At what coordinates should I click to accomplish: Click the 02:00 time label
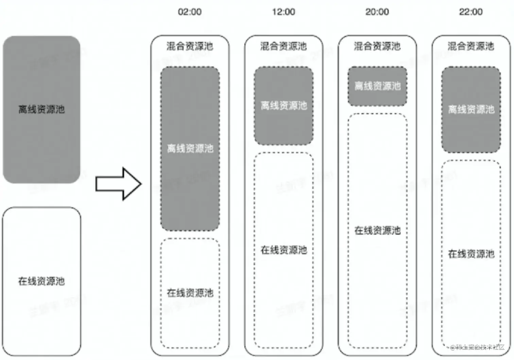190,12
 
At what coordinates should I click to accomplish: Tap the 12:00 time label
284,12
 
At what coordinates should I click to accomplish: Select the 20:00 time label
377,12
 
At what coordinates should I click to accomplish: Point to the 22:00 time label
471,12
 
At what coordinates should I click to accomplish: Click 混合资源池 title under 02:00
190,46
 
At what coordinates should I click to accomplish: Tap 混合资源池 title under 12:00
284,46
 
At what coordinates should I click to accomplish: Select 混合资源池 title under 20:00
377,46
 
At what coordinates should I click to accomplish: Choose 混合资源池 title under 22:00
471,46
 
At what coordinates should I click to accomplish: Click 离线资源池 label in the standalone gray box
41,109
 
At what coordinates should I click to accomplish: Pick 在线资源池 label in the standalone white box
41,281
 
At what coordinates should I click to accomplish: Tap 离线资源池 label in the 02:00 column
190,148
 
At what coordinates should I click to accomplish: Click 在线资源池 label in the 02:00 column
190,293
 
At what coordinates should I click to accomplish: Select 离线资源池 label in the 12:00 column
284,106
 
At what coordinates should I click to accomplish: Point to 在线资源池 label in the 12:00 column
284,250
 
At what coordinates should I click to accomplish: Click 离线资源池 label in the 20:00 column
377,86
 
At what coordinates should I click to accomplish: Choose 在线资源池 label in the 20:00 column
377,230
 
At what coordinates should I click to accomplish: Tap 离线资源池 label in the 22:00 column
471,109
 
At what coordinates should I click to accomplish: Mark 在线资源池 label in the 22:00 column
471,254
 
